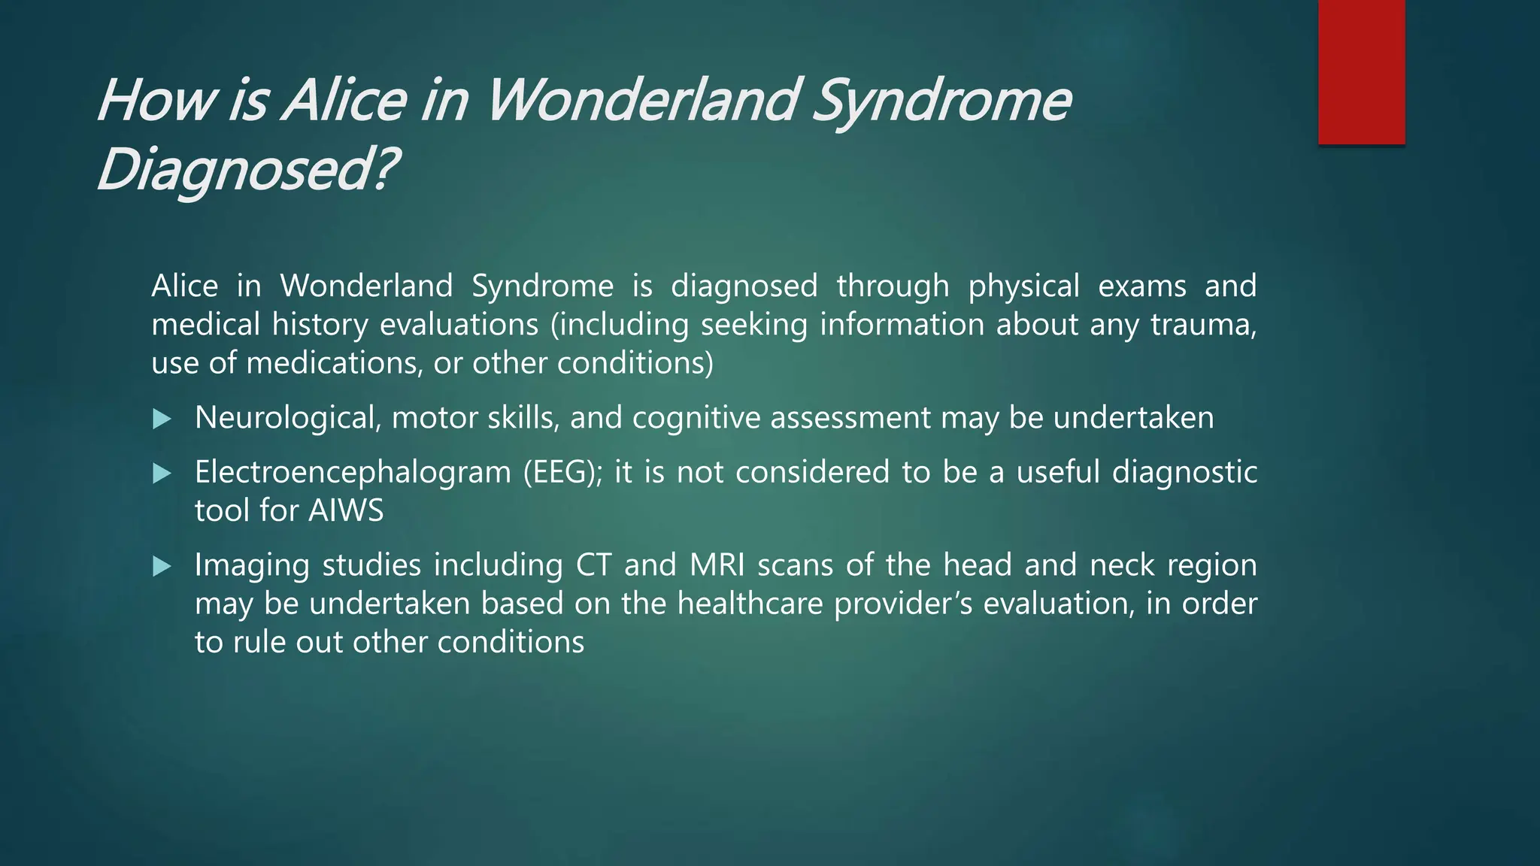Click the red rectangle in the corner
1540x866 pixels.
[x=1361, y=72]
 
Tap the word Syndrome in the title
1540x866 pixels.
[x=941, y=101]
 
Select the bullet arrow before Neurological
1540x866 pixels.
[x=162, y=419]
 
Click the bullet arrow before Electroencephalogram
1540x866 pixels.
[x=162, y=474]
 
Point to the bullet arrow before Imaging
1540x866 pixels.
[x=162, y=566]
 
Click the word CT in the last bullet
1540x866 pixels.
[x=593, y=565]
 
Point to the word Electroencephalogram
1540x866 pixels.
[x=353, y=473]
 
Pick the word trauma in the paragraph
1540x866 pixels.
[x=1202, y=325]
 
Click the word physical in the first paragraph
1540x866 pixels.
[x=1023, y=287]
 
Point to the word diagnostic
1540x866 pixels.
[x=1184, y=473]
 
